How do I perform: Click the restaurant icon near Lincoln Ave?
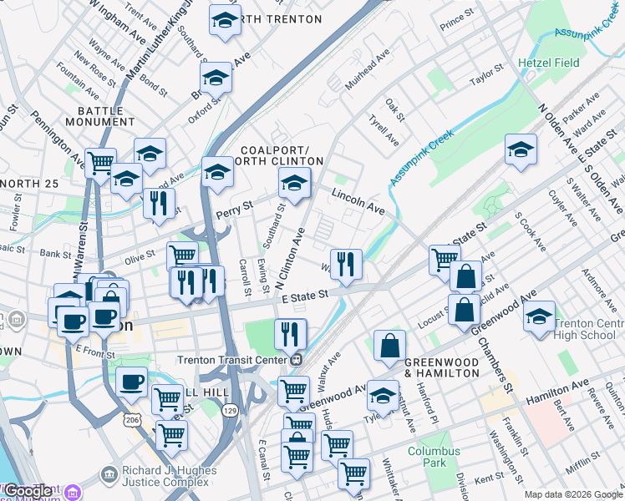point(346,265)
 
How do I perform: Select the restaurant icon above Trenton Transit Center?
point(290,334)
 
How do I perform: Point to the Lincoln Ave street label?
point(357,202)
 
